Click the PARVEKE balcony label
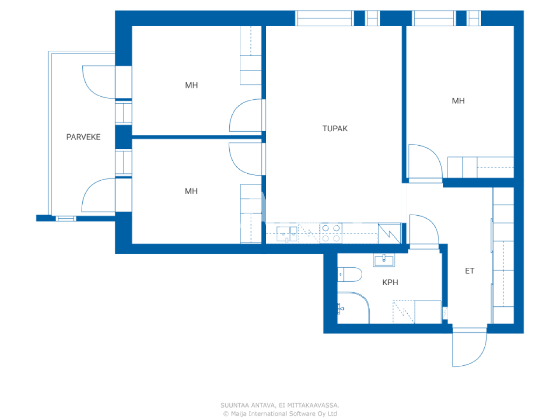point(83,137)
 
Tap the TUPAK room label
point(335,129)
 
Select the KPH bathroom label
point(390,283)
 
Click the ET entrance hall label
point(469,271)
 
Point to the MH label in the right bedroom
point(458,101)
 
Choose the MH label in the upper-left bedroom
point(191,85)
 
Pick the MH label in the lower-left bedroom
point(191,191)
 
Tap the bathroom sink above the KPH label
point(384,260)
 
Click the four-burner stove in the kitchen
point(331,233)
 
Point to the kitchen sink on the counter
point(287,233)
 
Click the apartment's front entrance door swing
point(470,348)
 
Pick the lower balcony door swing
point(98,195)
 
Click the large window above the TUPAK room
point(324,18)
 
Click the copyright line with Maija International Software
point(280,413)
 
